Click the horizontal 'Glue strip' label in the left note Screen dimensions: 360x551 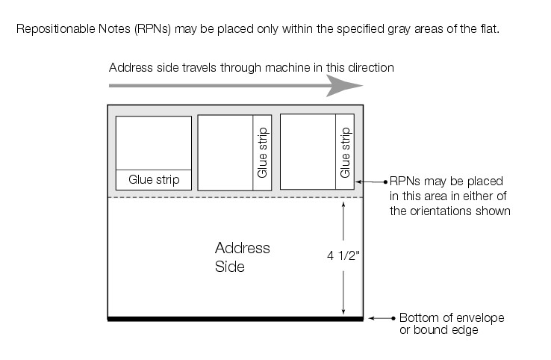[x=154, y=179]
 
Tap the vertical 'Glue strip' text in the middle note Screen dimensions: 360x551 [x=262, y=152]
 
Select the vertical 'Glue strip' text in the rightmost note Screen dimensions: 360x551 [x=345, y=152]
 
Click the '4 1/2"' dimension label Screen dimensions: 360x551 [x=343, y=255]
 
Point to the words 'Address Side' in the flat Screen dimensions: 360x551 [x=242, y=256]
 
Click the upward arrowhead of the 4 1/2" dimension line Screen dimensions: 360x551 [x=343, y=204]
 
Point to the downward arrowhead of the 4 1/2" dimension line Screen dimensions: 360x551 [x=343, y=312]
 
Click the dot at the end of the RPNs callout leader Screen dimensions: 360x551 [x=385, y=181]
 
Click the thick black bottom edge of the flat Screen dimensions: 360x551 [x=235, y=319]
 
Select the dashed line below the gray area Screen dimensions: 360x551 [x=235, y=197]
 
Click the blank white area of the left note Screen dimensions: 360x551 [x=154, y=143]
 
